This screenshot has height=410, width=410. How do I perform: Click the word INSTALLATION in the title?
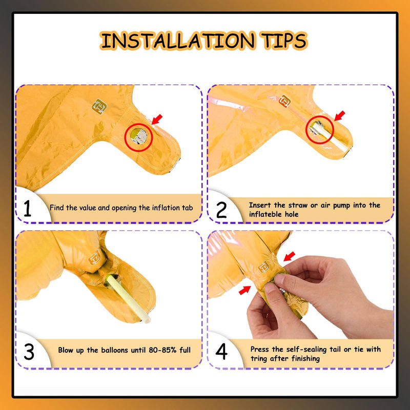(178, 41)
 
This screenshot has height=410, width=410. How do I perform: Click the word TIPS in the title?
(284, 41)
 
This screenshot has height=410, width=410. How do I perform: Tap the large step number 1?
(27, 209)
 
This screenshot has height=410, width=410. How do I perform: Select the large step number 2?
(221, 210)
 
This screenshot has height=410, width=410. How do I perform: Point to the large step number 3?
(29, 352)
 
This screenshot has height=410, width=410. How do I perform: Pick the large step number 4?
(221, 352)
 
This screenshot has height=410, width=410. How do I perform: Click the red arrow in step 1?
(157, 119)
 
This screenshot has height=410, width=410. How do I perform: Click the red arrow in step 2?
(340, 116)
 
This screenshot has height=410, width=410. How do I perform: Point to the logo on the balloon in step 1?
(99, 107)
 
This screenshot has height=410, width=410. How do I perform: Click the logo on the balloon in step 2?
(284, 101)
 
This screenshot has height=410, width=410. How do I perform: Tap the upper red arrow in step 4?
(289, 257)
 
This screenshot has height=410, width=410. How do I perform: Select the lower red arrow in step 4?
(244, 290)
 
